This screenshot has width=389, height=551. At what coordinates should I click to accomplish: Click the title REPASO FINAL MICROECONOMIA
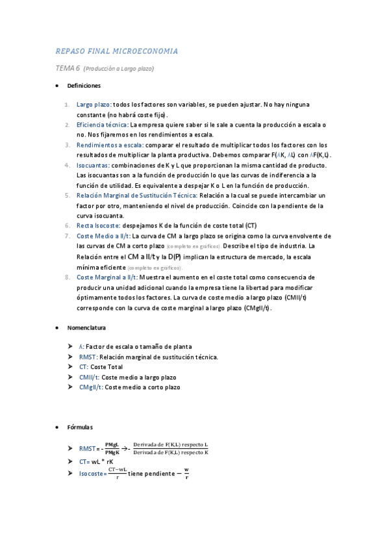point(117,51)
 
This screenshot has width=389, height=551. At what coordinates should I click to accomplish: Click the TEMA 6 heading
point(68,68)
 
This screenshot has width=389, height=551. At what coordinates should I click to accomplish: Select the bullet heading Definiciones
point(83,86)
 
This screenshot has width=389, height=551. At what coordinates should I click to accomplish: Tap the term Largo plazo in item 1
point(94,104)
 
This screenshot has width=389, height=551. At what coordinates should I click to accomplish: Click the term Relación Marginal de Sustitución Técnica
point(137,195)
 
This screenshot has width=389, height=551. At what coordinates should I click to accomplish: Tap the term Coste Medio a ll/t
point(103,236)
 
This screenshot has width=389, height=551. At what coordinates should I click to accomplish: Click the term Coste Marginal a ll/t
point(107,277)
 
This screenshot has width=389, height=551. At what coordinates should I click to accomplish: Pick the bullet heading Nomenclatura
point(86,327)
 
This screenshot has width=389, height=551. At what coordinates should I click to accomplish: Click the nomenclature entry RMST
point(88,357)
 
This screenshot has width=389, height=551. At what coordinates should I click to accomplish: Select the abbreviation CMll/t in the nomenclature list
point(90,377)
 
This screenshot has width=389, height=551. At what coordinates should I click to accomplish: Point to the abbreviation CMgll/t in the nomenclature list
point(91,387)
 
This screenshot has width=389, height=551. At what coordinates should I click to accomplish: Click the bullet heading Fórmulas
point(80,427)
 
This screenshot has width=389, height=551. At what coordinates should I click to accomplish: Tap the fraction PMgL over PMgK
point(112,448)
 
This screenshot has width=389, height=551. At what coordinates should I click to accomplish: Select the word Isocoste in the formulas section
point(92,474)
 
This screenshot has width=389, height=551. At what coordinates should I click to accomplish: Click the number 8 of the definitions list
point(68,277)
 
